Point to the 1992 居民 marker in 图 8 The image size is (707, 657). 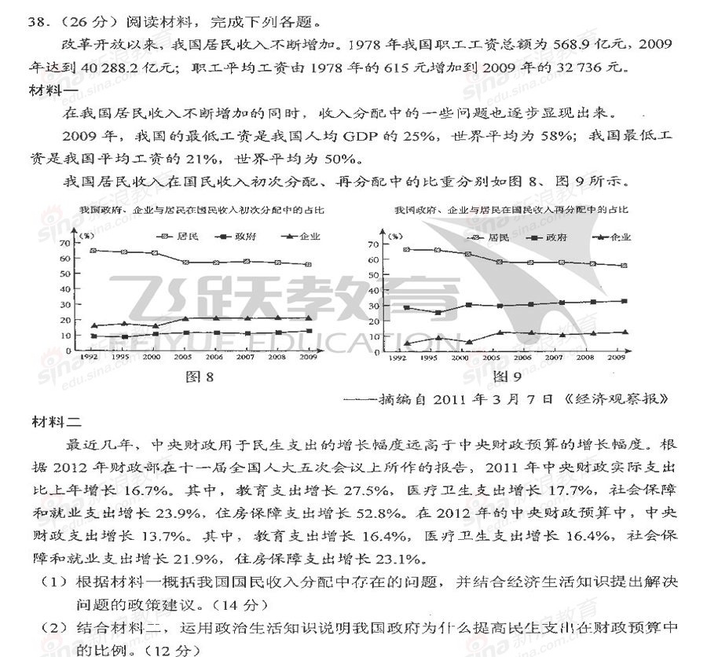click(x=94, y=250)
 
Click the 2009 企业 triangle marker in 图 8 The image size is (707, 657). click(x=308, y=318)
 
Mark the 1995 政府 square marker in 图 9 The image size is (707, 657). click(x=437, y=313)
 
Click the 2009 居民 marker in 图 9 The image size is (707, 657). click(x=623, y=266)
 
